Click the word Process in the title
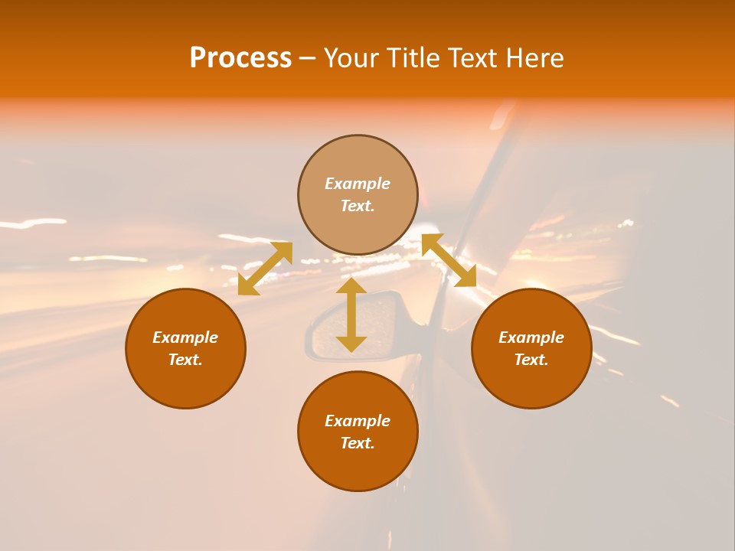click(240, 58)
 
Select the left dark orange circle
click(185, 383)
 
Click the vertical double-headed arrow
click(351, 315)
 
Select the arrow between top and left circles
click(265, 269)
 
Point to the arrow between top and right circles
click(449, 260)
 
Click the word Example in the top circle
click(358, 184)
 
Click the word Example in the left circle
click(185, 337)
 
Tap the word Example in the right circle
click(531, 337)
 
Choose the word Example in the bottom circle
click(358, 421)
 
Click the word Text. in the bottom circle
click(358, 443)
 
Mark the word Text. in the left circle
click(185, 360)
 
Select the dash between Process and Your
click(307, 58)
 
